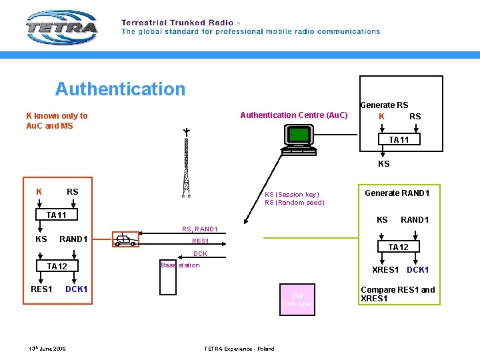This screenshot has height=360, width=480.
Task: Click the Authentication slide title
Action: point(120,89)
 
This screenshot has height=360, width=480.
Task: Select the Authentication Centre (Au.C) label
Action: point(294,115)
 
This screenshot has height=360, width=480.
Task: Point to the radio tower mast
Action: point(187,163)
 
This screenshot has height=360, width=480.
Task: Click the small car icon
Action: point(125,240)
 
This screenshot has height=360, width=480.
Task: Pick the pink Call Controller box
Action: point(296,299)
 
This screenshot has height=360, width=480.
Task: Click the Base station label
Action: point(180,265)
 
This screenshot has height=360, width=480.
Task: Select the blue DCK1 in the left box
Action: point(76,289)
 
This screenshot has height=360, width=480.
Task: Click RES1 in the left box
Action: point(41,289)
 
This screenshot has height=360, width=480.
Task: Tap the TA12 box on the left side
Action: point(57,267)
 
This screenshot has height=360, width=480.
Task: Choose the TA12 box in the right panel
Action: point(398,247)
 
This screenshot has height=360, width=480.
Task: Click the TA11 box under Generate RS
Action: point(399,140)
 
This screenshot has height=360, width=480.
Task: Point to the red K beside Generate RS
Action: point(381,116)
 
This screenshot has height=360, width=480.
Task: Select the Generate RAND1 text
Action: point(397,193)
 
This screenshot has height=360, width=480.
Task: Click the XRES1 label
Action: point(385,270)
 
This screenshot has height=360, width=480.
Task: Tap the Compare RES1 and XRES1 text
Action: point(397,294)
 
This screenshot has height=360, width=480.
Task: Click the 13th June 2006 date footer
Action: point(47,349)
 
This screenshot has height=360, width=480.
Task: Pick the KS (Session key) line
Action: point(291,195)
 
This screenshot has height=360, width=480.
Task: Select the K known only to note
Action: point(57,121)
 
